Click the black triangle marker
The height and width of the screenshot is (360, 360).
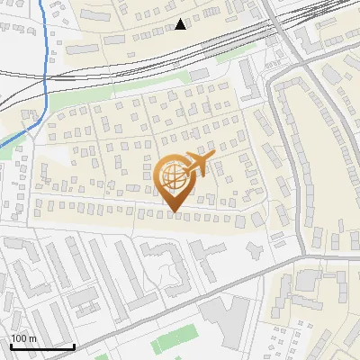click(x=181, y=24)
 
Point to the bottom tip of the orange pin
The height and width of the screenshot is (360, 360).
click(x=174, y=213)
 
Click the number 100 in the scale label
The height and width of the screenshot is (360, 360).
click(x=20, y=338)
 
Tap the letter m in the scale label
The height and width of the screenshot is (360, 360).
click(x=32, y=338)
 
